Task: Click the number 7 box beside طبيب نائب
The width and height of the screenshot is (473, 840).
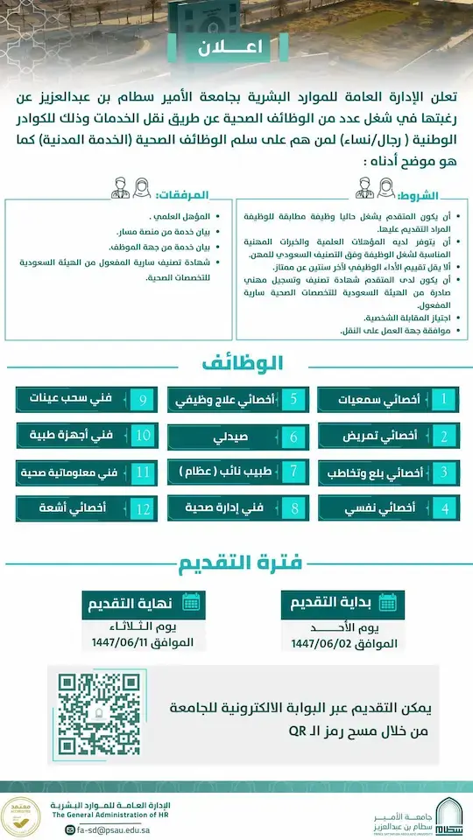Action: tap(294, 472)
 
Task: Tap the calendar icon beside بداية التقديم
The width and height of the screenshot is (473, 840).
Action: tap(386, 602)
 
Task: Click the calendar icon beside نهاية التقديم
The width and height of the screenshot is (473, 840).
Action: tap(191, 602)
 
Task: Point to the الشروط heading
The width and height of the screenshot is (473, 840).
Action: tap(440, 196)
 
